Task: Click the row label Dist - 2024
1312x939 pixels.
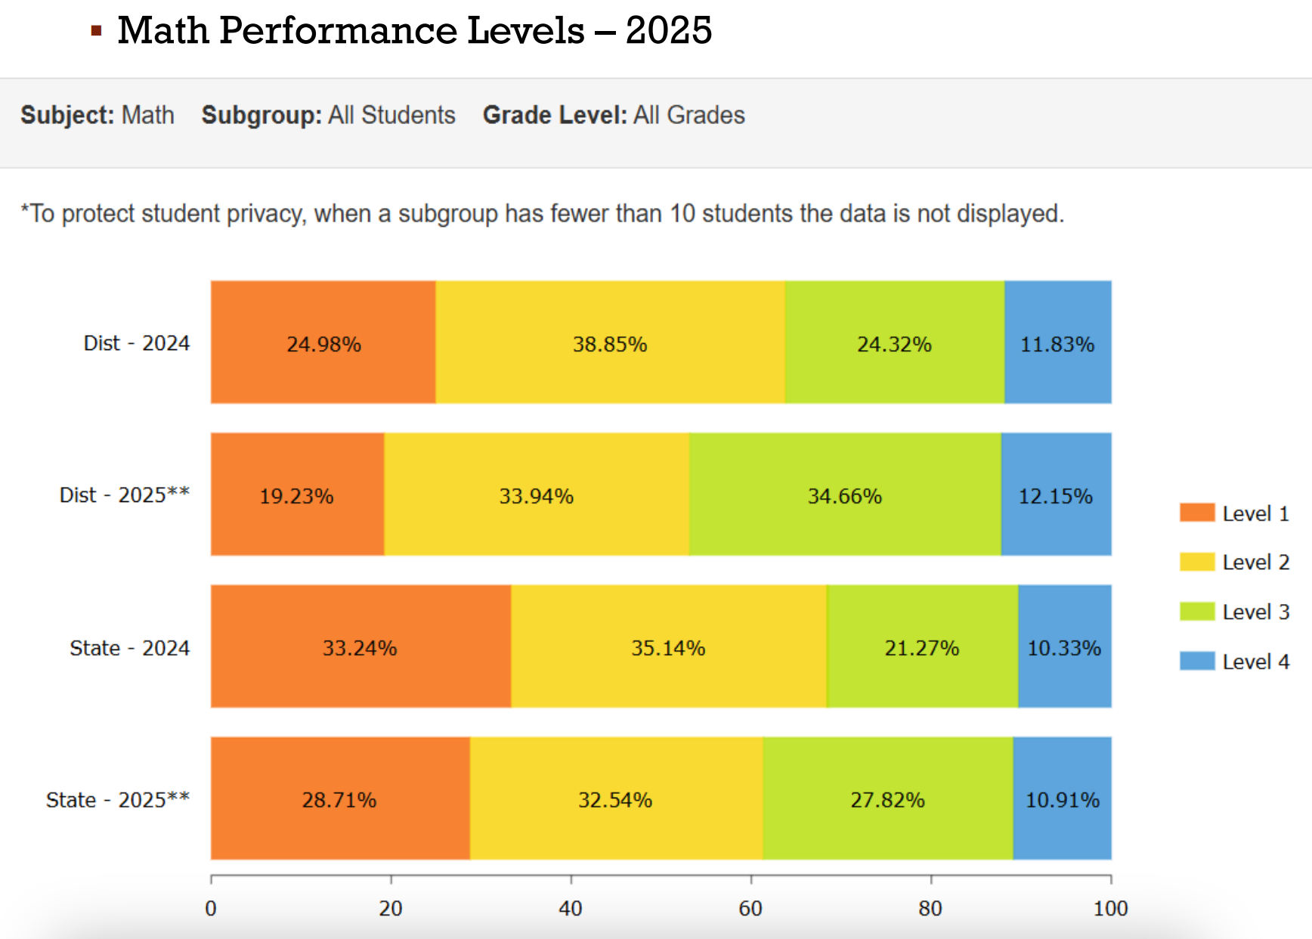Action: pos(137,343)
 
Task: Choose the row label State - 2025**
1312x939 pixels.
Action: pos(118,800)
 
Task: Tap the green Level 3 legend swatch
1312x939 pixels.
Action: pos(1196,611)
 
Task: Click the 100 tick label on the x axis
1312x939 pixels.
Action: pos(1110,908)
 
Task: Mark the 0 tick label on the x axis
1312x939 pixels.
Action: pos(211,908)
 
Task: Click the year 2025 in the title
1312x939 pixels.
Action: pos(669,30)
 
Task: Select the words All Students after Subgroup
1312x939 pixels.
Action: pos(391,115)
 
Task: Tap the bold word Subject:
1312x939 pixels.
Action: pos(67,115)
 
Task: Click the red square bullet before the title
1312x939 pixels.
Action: pos(96,31)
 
